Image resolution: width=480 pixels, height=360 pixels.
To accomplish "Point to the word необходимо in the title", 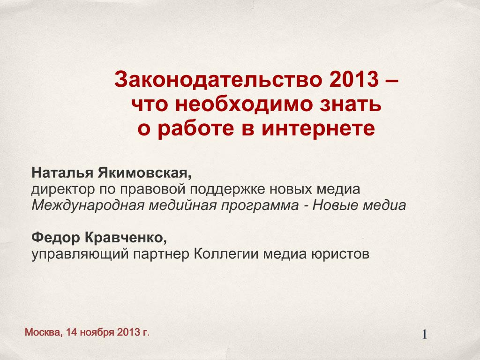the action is point(243,104).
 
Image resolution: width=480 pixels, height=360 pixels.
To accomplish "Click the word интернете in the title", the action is point(318,128).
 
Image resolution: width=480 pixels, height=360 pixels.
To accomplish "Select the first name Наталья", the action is point(62,172).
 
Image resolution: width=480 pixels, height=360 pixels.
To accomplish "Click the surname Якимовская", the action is point(144,173).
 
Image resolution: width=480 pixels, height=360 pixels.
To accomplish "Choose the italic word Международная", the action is point(88,205).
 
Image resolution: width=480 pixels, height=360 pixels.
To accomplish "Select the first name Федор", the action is point(56,238).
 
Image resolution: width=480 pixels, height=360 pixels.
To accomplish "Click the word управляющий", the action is point(80,255).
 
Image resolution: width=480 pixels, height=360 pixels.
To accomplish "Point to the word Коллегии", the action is point(226,254).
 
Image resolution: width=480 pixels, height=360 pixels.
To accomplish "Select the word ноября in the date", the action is point(97,333).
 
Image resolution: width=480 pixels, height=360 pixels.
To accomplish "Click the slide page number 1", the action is point(425,335).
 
